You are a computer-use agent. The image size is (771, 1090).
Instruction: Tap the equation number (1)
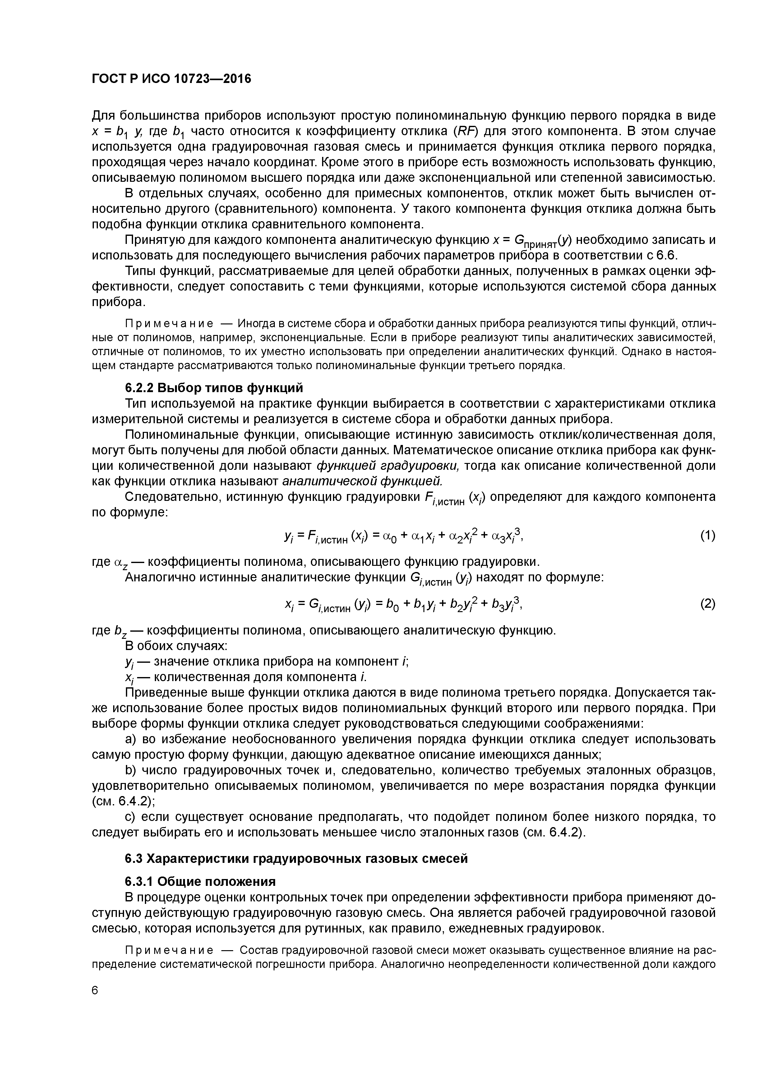point(707,535)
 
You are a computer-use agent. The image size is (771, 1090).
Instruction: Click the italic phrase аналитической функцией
point(362,481)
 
